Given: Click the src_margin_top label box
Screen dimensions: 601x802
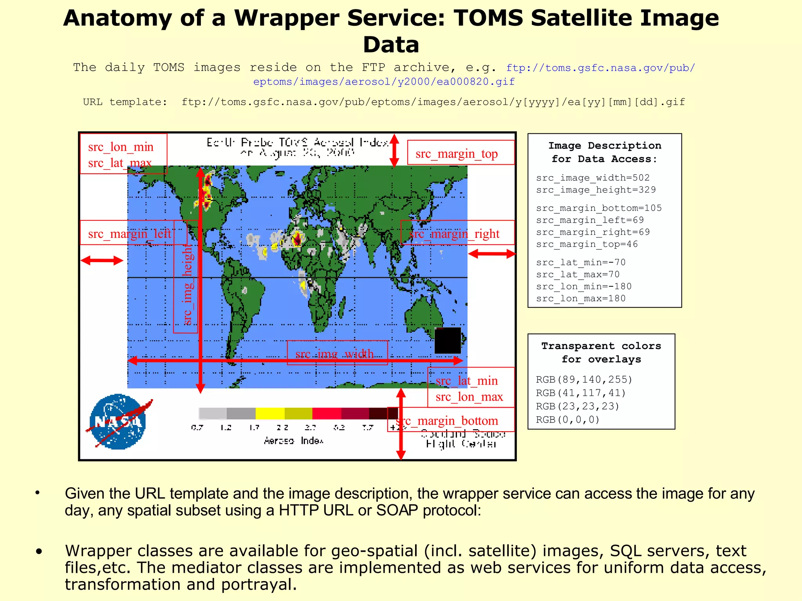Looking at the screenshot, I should tap(461, 153).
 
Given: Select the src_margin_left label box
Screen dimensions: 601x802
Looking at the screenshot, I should tap(133, 233).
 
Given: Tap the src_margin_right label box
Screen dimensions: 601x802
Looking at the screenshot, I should tap(457, 233).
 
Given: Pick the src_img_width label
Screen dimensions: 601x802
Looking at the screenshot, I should tap(337, 353).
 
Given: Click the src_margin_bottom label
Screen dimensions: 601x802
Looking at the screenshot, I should tap(450, 420).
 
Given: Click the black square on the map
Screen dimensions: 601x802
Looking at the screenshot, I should tap(448, 340).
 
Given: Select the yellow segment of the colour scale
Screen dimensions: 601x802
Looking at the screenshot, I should tap(270, 413).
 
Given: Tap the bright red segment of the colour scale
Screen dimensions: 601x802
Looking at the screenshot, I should tap(327, 413).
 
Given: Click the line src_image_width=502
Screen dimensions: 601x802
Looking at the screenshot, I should tap(593, 178).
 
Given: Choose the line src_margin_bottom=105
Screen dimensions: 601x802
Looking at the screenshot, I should tap(599, 208).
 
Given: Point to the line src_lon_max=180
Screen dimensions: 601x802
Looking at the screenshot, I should tap(581, 299).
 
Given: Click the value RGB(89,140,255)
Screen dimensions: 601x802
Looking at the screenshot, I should tap(584, 380).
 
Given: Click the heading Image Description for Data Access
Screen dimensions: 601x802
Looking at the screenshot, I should tap(604, 152).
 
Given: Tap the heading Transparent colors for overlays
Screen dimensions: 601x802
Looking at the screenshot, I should tap(601, 353).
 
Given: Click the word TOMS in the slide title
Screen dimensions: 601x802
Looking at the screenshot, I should tap(488, 18).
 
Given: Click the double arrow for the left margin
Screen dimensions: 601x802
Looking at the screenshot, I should tap(102, 261).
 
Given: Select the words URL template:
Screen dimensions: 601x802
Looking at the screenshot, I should tap(125, 102).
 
